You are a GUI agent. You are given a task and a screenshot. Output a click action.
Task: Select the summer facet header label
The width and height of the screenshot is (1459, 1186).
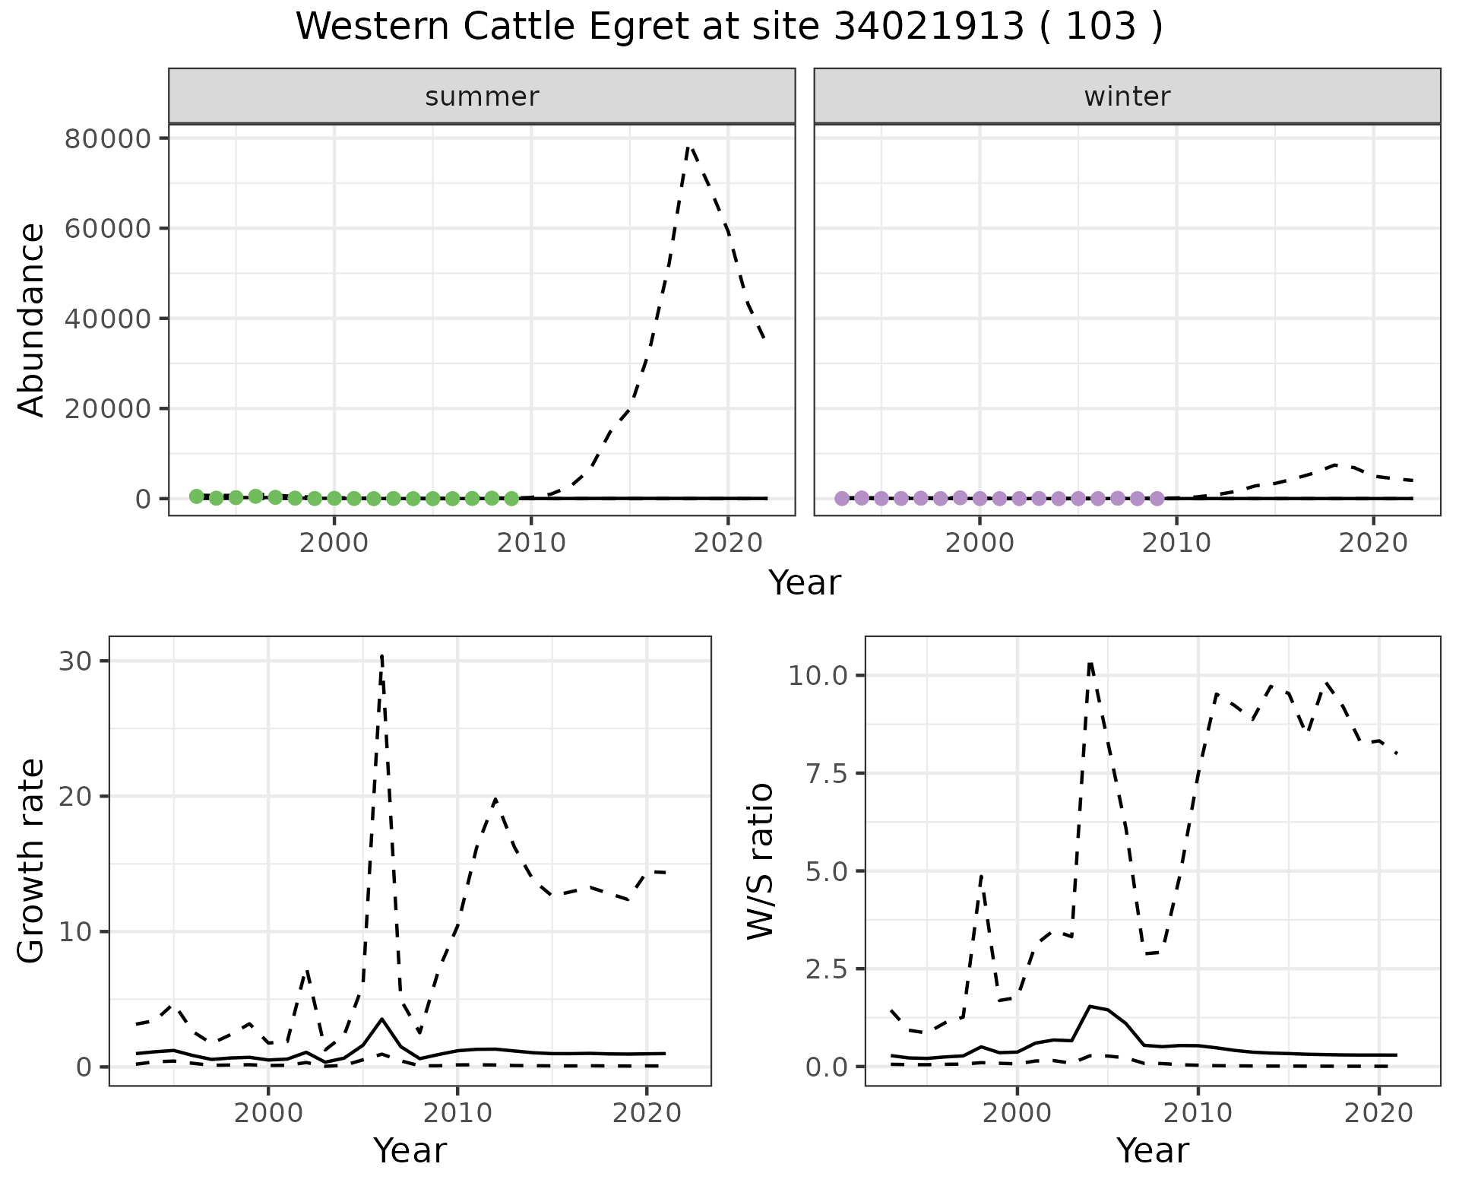coord(482,97)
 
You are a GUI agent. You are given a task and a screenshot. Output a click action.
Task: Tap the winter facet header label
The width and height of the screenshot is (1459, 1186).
coord(1127,97)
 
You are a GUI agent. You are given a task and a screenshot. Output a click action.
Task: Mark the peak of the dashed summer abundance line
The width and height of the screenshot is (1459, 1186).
coord(688,145)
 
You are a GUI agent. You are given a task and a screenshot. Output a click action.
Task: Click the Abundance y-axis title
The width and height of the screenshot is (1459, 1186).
coord(32,319)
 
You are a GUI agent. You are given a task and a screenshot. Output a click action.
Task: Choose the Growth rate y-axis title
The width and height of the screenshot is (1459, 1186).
coord(32,861)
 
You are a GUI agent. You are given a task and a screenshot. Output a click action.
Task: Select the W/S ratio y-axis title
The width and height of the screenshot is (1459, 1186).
coord(760,861)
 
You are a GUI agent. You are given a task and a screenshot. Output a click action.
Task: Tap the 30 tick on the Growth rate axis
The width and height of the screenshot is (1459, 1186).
coord(73,661)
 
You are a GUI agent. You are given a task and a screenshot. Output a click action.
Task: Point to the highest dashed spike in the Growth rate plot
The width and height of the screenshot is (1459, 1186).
coord(381,655)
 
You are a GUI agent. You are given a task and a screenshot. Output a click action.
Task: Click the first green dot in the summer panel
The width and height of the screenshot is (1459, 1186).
coord(196,496)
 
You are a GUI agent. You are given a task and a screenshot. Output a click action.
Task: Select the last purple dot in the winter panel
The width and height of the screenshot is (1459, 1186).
coord(1157,499)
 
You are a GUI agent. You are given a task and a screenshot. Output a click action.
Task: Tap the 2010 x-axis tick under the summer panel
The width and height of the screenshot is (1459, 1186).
coord(531,544)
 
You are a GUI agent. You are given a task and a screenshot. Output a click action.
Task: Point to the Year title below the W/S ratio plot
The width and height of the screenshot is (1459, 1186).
coord(1152,1151)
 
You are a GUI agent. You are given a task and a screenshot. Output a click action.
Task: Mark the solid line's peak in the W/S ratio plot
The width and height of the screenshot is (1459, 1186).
coord(1090,1007)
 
